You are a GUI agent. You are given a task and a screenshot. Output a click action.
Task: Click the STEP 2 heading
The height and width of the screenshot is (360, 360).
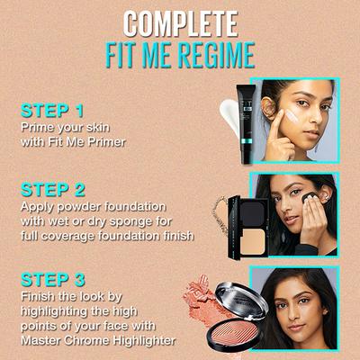coord(54,190)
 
